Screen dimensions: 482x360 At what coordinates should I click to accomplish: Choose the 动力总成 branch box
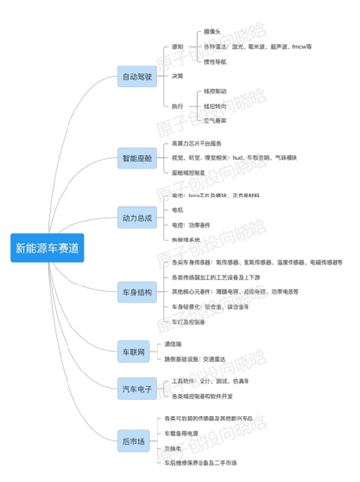coord(137,217)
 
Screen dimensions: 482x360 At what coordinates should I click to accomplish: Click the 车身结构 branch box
coord(137,291)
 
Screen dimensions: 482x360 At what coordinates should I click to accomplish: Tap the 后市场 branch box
coord(133,441)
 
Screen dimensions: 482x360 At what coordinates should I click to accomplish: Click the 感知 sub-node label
coord(177,45)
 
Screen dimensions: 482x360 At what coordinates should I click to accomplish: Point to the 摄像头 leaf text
coord(213,32)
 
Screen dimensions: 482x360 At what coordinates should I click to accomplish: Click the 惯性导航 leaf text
coord(215,61)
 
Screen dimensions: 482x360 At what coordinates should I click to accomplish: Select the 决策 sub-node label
coord(177,75)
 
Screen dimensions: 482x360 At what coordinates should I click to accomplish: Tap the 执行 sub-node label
coord(177,106)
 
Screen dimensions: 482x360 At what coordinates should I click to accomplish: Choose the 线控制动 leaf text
coord(215,92)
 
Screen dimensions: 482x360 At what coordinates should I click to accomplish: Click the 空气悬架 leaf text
coord(215,119)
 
